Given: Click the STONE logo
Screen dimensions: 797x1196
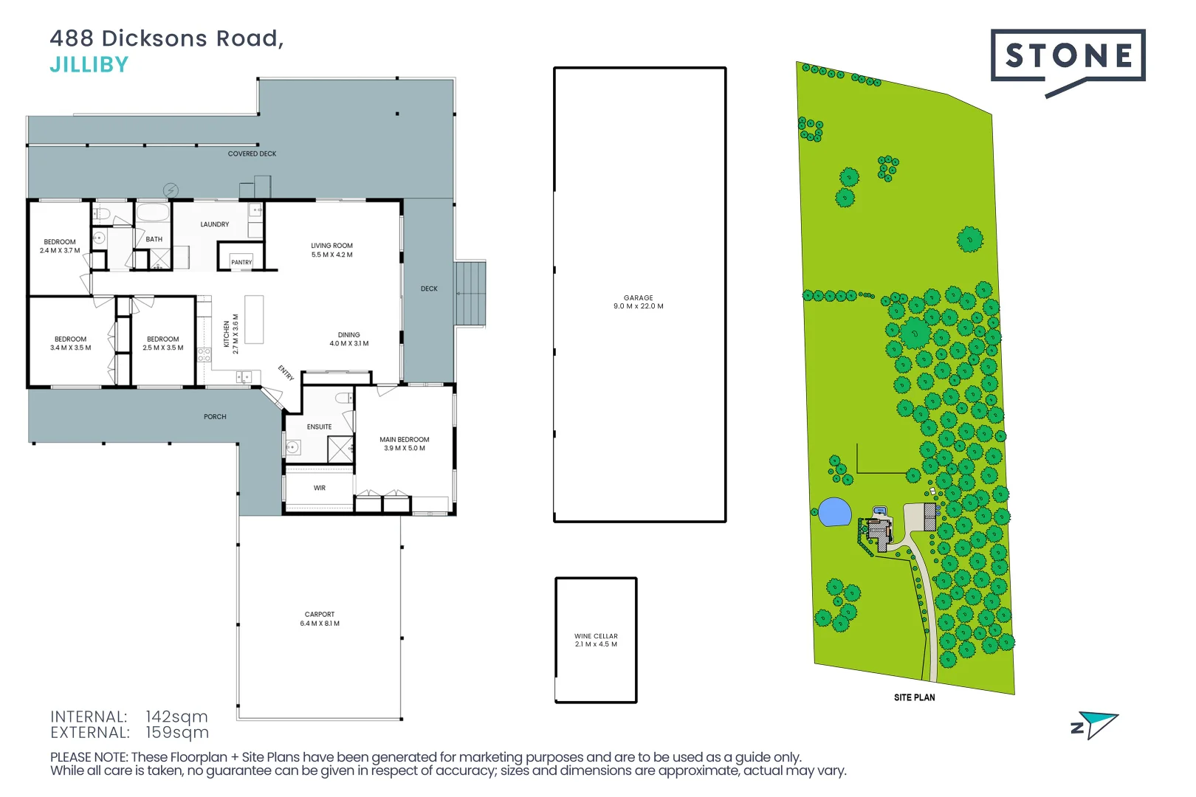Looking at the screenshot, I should [1068, 56].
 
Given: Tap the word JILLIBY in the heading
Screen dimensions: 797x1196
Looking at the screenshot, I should [89, 65].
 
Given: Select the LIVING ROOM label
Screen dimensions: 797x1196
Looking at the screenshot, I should [331, 246].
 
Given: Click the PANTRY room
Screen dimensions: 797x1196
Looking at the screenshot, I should [241, 262].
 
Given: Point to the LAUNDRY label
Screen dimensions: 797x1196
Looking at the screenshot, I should [215, 224].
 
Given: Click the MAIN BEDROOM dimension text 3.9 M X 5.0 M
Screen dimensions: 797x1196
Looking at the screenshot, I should [405, 448].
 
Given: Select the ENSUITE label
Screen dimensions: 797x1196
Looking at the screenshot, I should [319, 427].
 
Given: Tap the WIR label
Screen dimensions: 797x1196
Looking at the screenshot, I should [319, 488].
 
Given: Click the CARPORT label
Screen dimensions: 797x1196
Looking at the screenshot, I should [320, 614].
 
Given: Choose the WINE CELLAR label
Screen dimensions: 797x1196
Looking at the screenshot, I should [596, 636].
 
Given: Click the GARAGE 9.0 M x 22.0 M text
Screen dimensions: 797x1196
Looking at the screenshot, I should [639, 302].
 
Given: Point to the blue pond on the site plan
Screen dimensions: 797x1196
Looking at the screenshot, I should [835, 512].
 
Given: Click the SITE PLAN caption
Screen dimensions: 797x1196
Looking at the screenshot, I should [914, 697].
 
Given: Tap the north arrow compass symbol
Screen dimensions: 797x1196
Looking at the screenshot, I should [1096, 725].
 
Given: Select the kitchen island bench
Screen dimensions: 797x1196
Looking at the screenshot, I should [254, 320].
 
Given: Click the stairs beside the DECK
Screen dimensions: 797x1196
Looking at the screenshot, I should [470, 293].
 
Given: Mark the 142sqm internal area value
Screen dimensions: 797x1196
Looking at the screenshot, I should [176, 717].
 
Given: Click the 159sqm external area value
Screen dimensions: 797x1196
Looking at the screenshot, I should [177, 733].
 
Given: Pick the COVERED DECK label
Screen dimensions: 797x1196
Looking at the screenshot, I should [252, 153].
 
